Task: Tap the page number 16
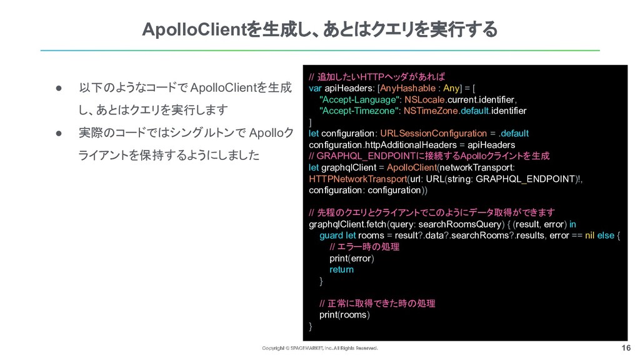pyautogui.click(x=626, y=347)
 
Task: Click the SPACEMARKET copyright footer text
pyautogui.click(x=319, y=348)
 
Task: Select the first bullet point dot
pyautogui.click(x=57, y=87)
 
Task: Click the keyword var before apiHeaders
pyautogui.click(x=316, y=89)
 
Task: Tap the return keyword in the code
pyautogui.click(x=341, y=269)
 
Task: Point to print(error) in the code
pyautogui.click(x=351, y=258)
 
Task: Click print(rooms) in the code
pyautogui.click(x=344, y=314)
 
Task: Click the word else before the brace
pyautogui.click(x=605, y=236)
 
